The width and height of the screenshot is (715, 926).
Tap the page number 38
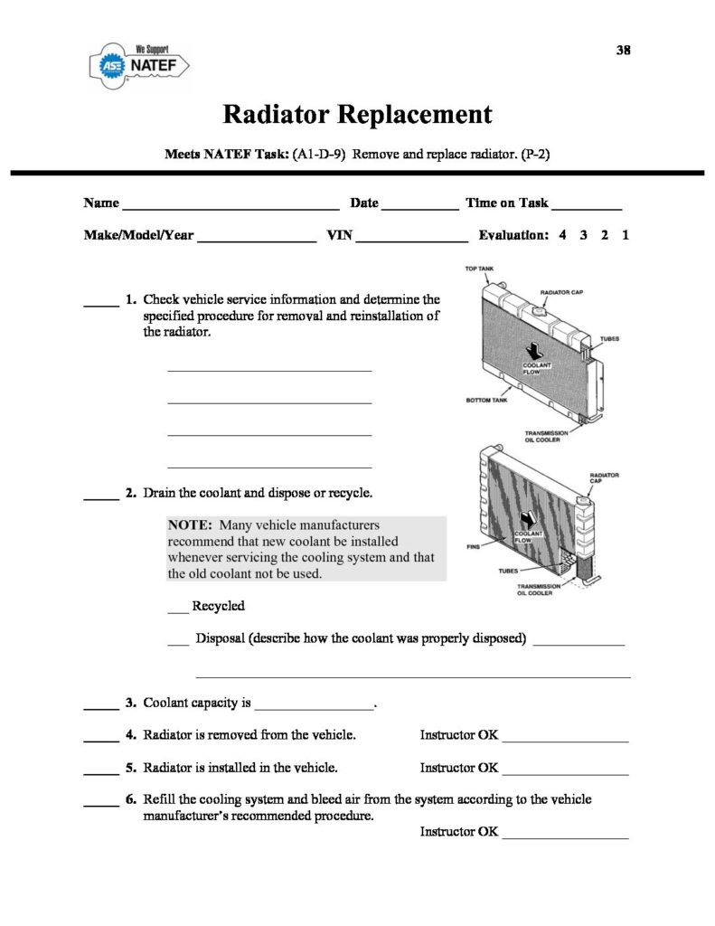623,50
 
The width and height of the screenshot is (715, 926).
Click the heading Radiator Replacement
357,115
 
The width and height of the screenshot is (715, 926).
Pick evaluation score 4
562,235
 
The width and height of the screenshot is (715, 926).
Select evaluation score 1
626,235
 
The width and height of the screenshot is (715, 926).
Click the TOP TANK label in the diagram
479,269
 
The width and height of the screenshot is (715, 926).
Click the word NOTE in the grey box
190,524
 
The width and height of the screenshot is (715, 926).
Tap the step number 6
131,799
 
